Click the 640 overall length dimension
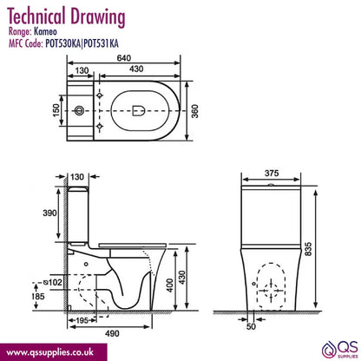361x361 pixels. pyautogui.click(x=124, y=58)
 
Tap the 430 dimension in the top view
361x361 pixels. pyautogui.click(x=136, y=69)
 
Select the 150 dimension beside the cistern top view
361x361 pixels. pyautogui.click(x=56, y=110)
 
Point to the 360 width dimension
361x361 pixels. pyautogui.click(x=195, y=111)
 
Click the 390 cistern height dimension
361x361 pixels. pyautogui.click(x=49, y=213)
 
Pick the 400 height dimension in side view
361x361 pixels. pyautogui.click(x=170, y=286)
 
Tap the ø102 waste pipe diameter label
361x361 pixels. pyautogui.click(x=52, y=282)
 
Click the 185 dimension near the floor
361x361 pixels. pyautogui.click(x=38, y=296)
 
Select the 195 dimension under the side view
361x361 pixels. pyautogui.click(x=82, y=320)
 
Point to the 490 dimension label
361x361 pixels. pyautogui.click(x=112, y=333)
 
